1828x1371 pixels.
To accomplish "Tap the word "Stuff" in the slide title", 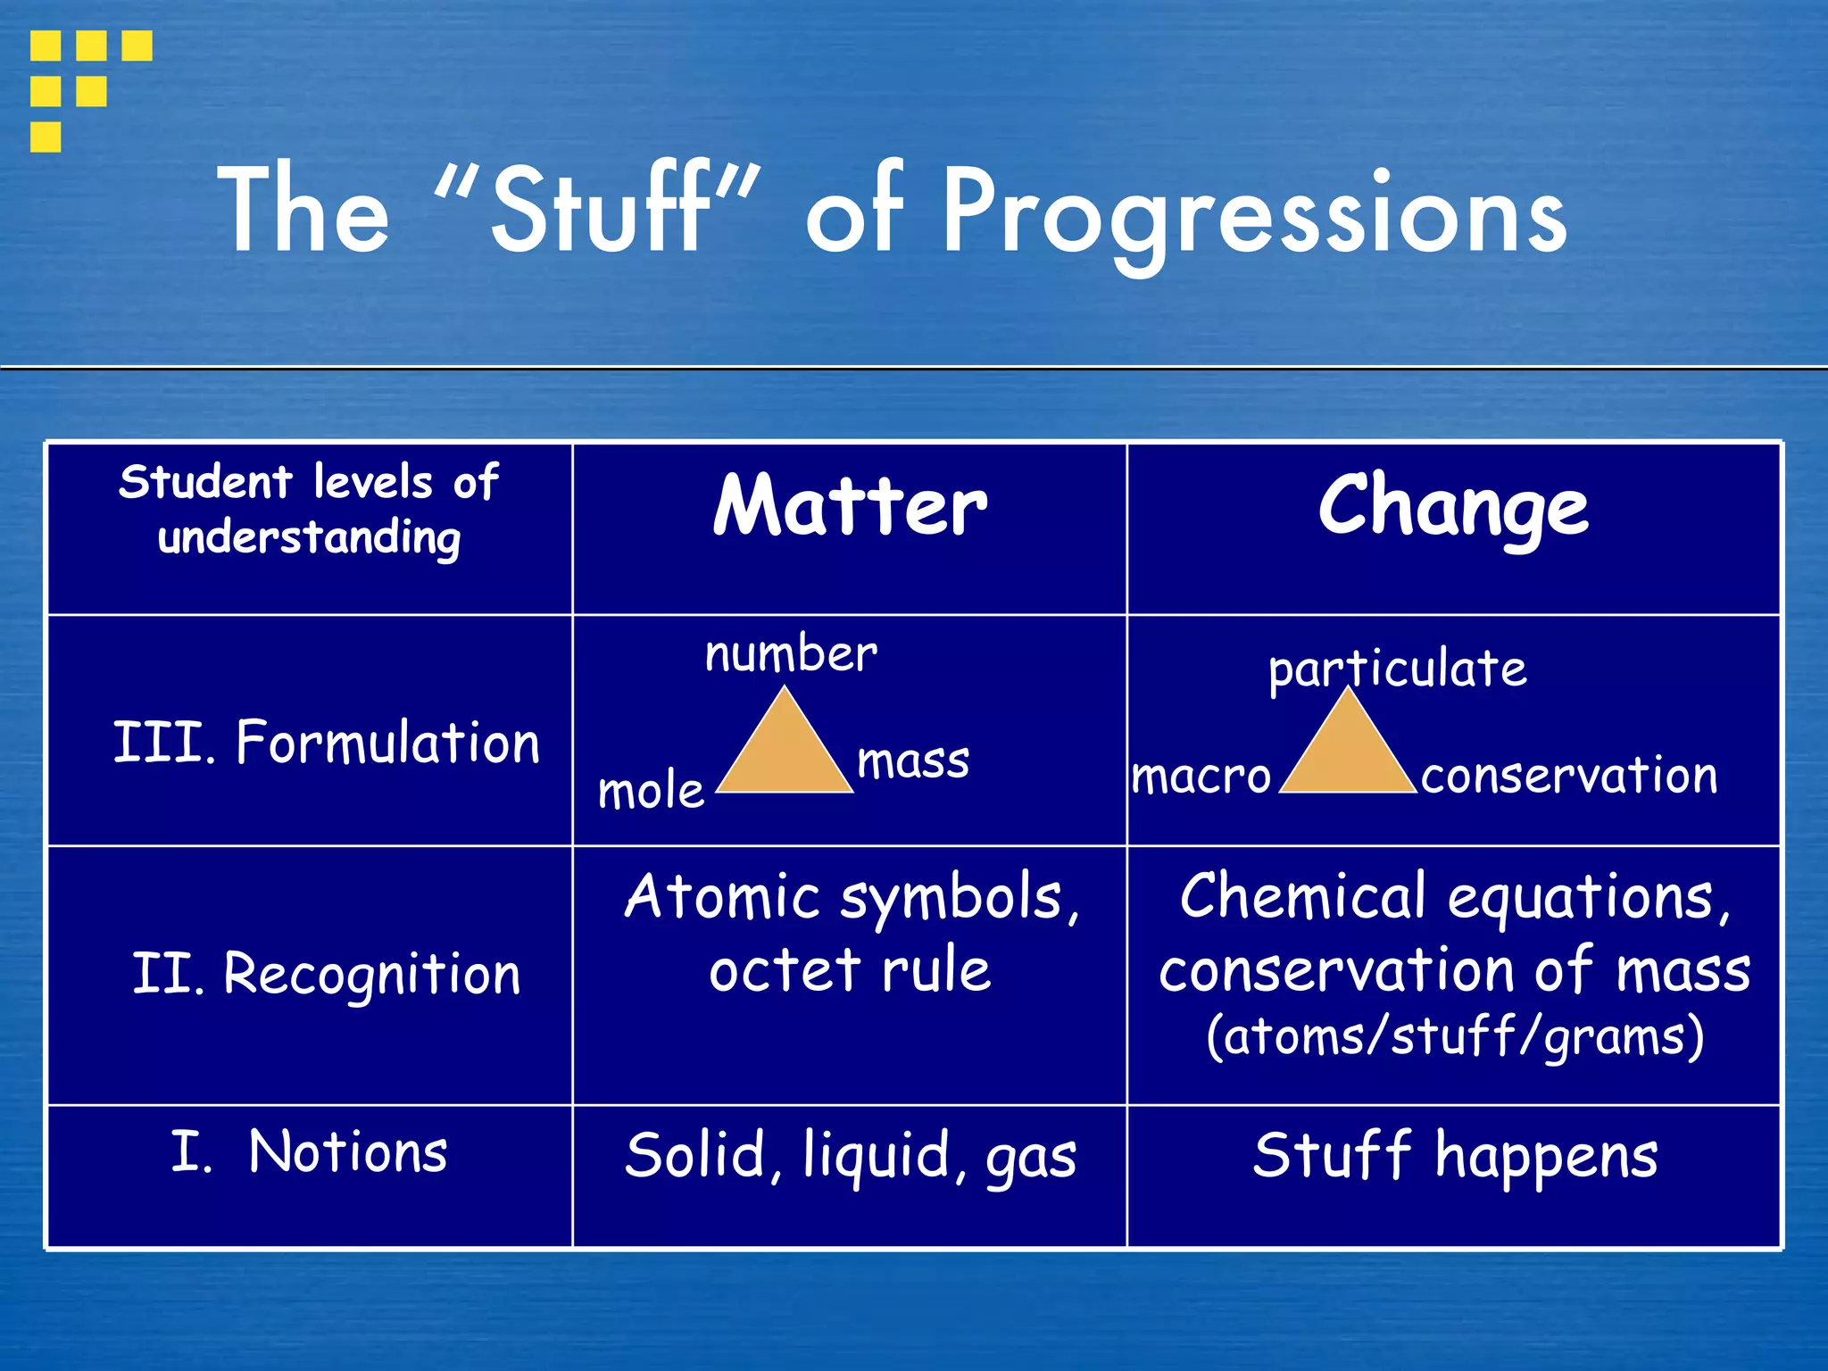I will (599, 210).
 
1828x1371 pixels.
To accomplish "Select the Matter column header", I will (850, 506).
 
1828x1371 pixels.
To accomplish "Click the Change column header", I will (1453, 506).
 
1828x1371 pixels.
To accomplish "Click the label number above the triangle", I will (791, 653).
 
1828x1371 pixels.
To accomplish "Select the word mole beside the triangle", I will (651, 791).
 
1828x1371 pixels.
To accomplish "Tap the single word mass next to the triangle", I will (912, 761).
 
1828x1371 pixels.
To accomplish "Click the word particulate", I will (1397, 669).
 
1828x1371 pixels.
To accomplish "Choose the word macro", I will (1201, 776).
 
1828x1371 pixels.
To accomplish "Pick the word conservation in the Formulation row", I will (1569, 775).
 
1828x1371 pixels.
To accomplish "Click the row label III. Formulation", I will (327, 743).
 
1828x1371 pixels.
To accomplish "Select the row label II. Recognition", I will (327, 973).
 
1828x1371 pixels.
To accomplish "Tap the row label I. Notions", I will (309, 1151).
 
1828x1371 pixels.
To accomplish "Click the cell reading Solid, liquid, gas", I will (850, 1156).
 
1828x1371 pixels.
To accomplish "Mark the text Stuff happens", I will (1455, 1156).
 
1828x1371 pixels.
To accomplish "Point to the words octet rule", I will (850, 970).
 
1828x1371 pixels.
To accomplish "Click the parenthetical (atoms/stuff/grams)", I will (1455, 1037).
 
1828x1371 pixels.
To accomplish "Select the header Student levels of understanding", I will (309, 510).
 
